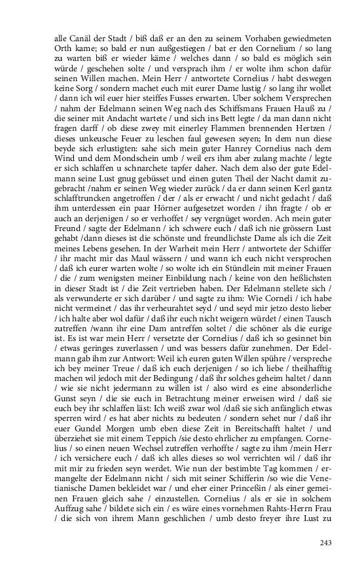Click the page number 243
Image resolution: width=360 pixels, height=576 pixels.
click(x=326, y=543)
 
